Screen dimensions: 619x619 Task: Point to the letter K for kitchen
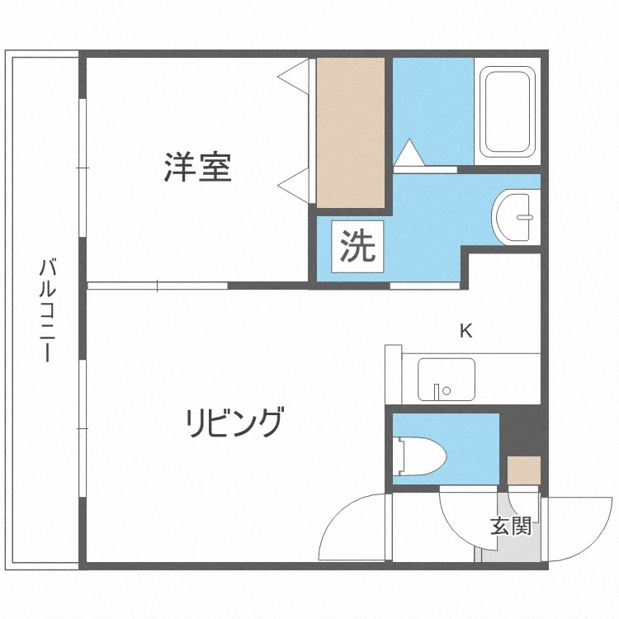(465, 332)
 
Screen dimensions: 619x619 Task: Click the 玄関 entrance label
(510, 526)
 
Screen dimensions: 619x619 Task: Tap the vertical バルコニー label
(48, 311)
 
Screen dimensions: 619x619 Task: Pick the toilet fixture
(421, 456)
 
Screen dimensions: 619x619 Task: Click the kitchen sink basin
(446, 380)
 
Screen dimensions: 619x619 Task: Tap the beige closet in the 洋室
(350, 132)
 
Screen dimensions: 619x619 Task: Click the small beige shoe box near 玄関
(523, 470)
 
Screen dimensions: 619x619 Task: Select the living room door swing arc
(351, 528)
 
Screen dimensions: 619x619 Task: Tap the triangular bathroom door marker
(408, 154)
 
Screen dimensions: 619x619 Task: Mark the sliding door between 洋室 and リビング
(157, 286)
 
